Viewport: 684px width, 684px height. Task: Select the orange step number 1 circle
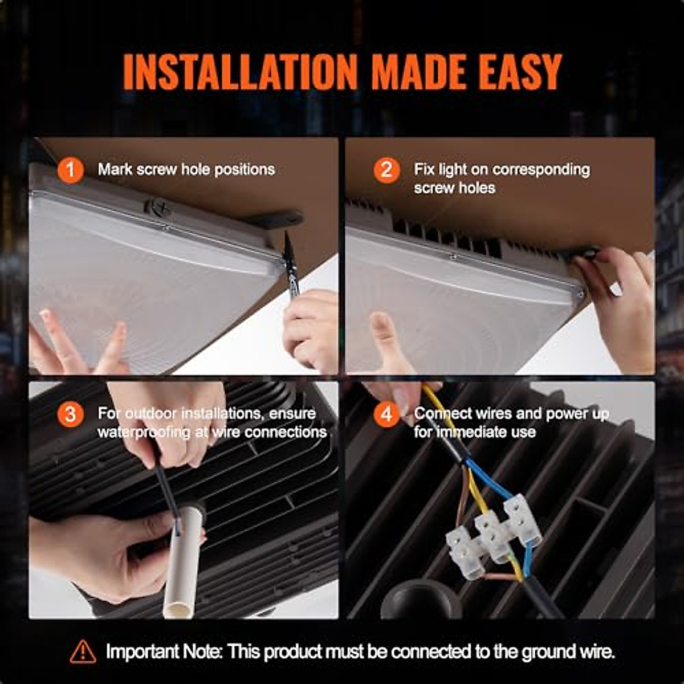(x=70, y=170)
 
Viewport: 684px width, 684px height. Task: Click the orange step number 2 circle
(x=386, y=170)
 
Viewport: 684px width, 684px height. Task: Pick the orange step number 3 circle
(x=70, y=414)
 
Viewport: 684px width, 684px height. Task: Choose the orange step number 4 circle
(x=386, y=414)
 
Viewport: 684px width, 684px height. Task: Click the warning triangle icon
(x=83, y=651)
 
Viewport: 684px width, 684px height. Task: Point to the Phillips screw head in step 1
(x=157, y=206)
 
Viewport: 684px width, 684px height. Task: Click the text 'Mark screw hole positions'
(x=186, y=169)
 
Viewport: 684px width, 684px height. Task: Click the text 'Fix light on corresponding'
(x=502, y=169)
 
